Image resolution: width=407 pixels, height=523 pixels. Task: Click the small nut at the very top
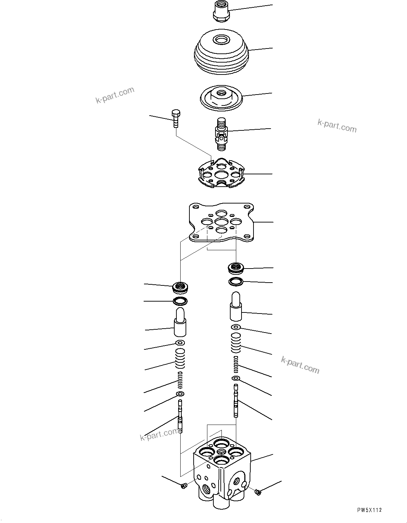tap(221, 11)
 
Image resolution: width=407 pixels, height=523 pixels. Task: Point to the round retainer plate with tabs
tap(221, 174)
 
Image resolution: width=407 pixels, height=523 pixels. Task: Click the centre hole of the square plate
tap(221, 222)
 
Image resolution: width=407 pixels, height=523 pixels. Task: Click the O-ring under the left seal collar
tap(180, 301)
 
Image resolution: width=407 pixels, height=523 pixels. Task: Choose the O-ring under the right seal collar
tap(236, 281)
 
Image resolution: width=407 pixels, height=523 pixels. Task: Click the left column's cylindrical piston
tap(180, 322)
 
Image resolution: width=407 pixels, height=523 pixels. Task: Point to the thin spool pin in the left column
tap(181, 417)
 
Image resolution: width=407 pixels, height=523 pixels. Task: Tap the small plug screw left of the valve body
tap(183, 486)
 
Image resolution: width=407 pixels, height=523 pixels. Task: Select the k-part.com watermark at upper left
tap(115, 95)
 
